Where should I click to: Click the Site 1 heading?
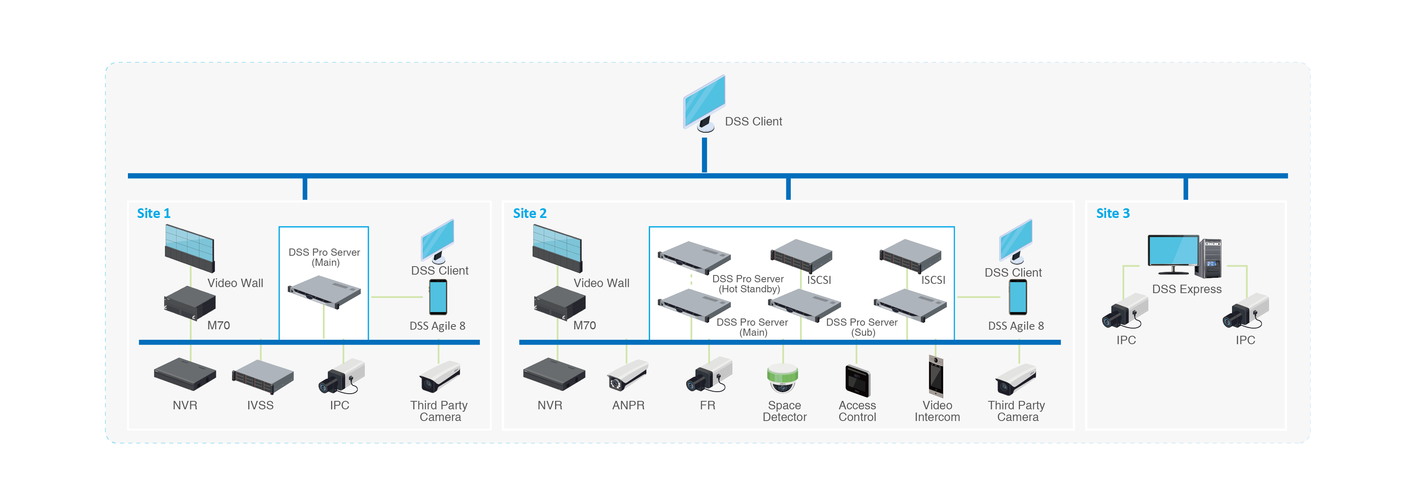pyautogui.click(x=153, y=213)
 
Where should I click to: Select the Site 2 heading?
pyautogui.click(x=529, y=213)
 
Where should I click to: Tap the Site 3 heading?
pyautogui.click(x=1113, y=213)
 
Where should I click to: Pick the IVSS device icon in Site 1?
pyautogui.click(x=262, y=377)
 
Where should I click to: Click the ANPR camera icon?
pyautogui.click(x=627, y=376)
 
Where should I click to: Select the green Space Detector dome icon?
pyautogui.click(x=783, y=378)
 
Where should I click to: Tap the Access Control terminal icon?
pyautogui.click(x=857, y=380)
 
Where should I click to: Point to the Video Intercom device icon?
pyautogui.click(x=936, y=376)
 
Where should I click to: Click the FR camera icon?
pyautogui.click(x=709, y=375)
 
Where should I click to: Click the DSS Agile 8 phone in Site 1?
pyautogui.click(x=438, y=297)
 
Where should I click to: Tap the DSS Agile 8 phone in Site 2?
pyautogui.click(x=1018, y=297)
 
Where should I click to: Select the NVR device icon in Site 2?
pyautogui.click(x=554, y=374)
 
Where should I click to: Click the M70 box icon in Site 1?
pyautogui.click(x=189, y=302)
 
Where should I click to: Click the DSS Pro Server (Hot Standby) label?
pyautogui.click(x=748, y=284)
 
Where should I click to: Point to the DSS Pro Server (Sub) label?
pyautogui.click(x=862, y=327)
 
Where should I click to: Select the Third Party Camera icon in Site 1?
pyautogui.click(x=439, y=377)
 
